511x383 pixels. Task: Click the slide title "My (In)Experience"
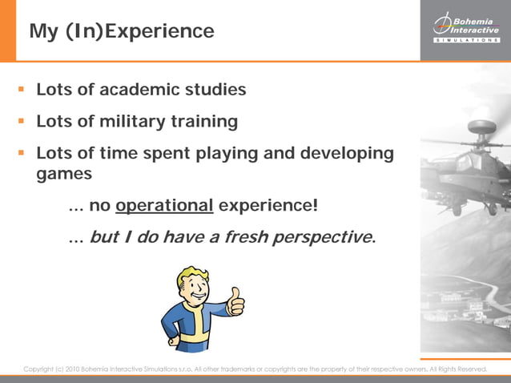coord(122,31)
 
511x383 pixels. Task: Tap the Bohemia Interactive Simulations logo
coord(465,29)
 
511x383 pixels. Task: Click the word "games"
coord(64,173)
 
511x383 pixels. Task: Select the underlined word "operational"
coord(164,206)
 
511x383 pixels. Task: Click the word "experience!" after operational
coord(268,206)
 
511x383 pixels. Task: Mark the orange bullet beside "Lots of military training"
coord(22,122)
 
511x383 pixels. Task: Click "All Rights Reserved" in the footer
coord(458,369)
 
